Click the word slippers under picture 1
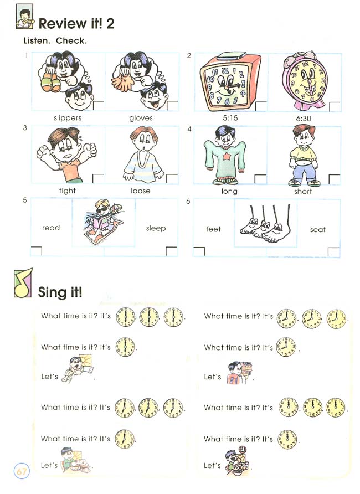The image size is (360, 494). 68,118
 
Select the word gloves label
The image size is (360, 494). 141,118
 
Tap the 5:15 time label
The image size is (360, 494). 229,118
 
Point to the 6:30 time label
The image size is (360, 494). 303,118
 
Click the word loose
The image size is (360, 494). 141,191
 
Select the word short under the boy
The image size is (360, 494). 303,192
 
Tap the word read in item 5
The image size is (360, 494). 51,228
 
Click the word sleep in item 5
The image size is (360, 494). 156,228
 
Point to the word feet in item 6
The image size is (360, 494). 213,229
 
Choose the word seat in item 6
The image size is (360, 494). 318,229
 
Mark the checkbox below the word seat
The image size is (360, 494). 333,252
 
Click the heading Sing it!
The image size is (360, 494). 60,292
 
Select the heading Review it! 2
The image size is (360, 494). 76,23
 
